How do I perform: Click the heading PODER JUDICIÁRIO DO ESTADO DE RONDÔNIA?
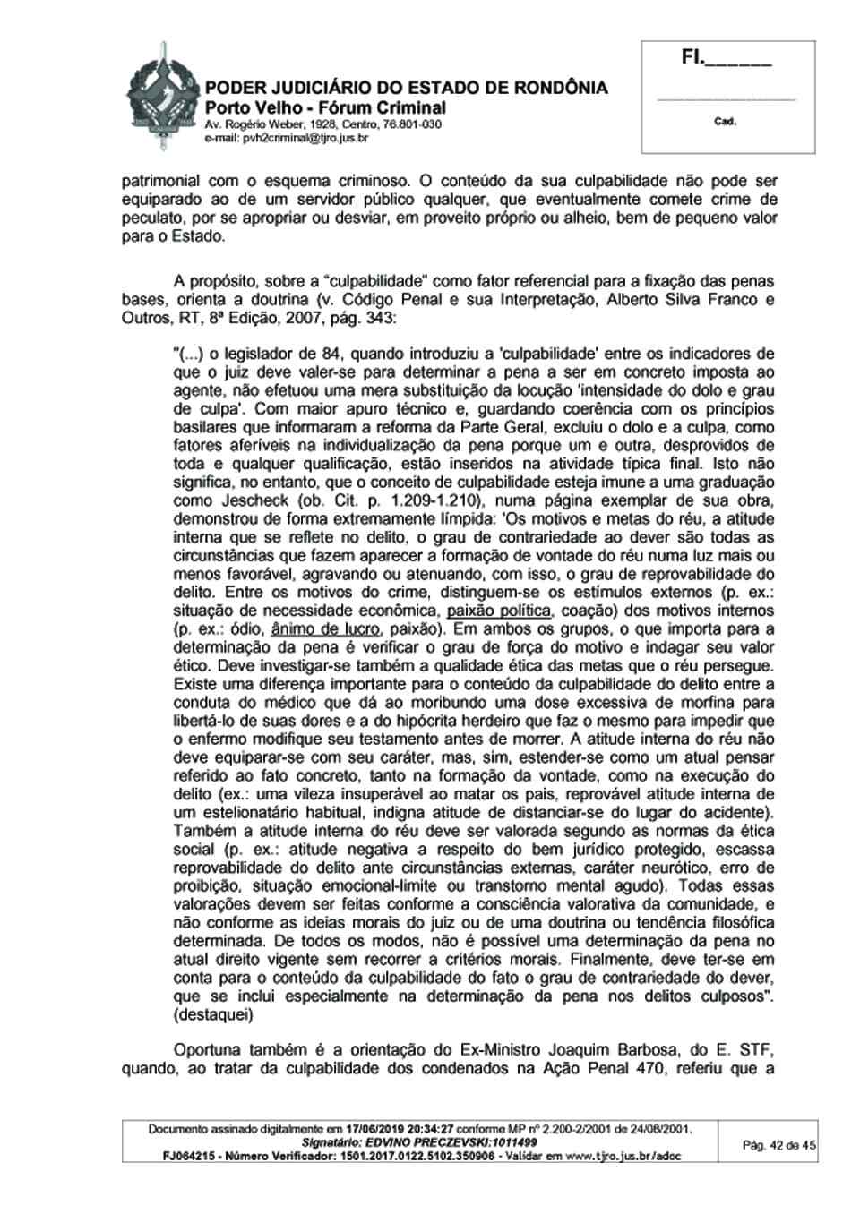[x=406, y=88]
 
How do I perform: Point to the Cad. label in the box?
[x=726, y=122]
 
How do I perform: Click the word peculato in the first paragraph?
[x=150, y=218]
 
